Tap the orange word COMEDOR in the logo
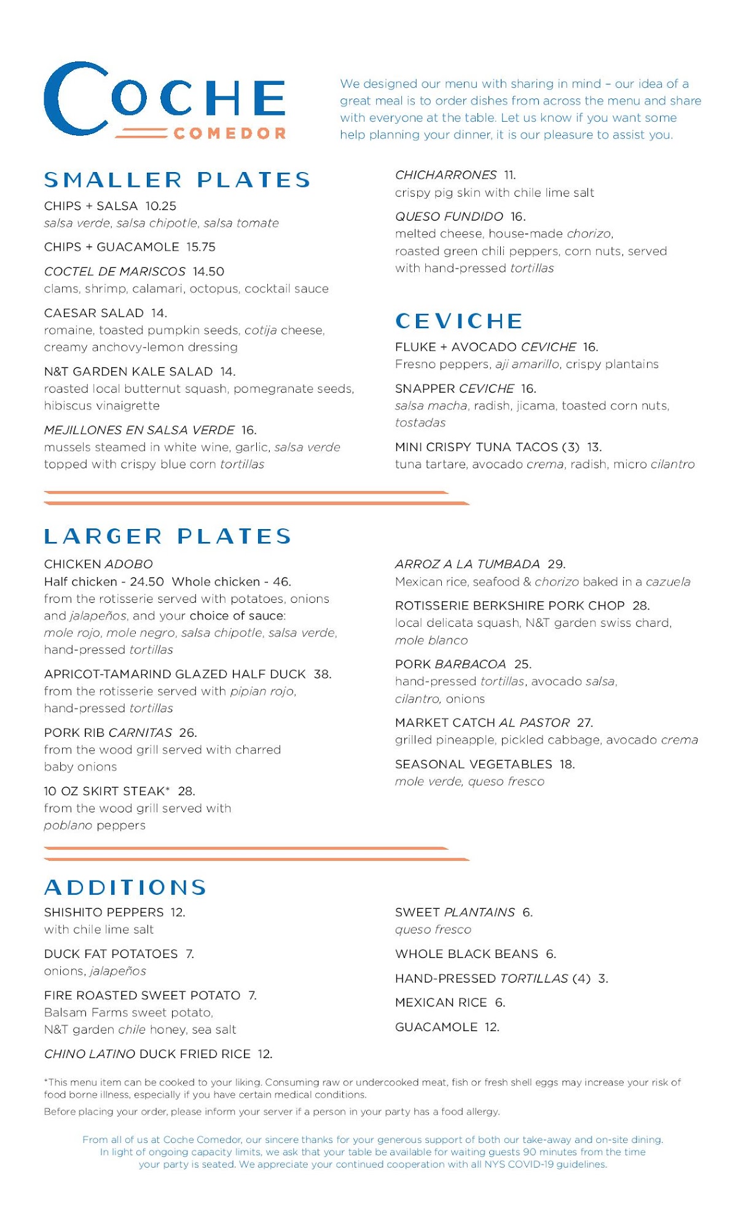229,133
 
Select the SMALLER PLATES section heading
177,179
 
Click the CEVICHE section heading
459,321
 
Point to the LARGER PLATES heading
167,536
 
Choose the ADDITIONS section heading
125,887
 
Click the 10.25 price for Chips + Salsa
161,206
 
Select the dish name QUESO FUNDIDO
449,216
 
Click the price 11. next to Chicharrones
509,175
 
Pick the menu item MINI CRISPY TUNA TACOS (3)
487,447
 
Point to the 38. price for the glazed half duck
323,674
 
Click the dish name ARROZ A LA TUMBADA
467,564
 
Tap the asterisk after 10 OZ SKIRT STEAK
168,789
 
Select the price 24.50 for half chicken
147,581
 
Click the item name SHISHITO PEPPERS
104,913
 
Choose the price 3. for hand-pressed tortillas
603,978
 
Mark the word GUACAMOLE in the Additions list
436,1027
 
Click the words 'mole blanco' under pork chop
431,640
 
